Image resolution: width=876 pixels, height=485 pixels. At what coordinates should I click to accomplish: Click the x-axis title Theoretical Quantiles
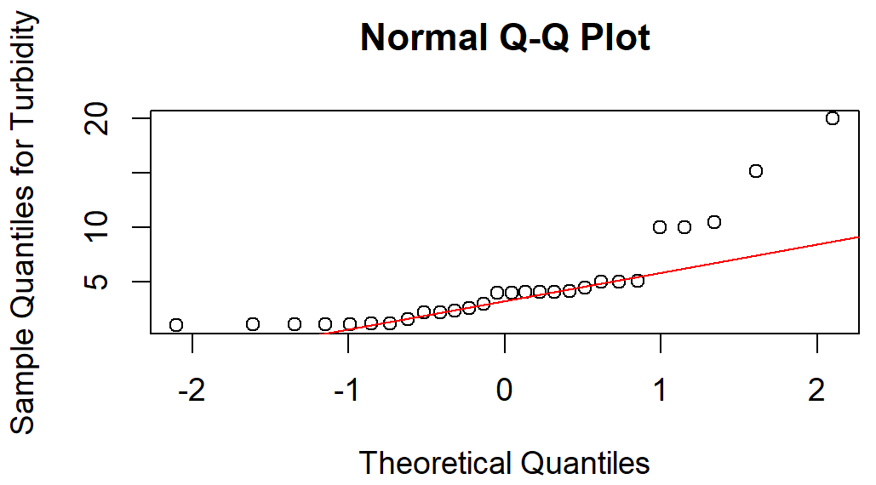[504, 463]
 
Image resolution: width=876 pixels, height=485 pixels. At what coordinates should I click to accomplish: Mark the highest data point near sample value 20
[833, 118]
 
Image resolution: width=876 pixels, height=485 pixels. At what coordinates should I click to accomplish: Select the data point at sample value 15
[755, 171]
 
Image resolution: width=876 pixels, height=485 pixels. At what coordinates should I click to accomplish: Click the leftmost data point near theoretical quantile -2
[176, 325]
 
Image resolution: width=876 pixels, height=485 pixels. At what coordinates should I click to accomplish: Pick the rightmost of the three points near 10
[714, 222]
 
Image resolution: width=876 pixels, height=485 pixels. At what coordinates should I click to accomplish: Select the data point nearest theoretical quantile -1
[349, 324]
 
